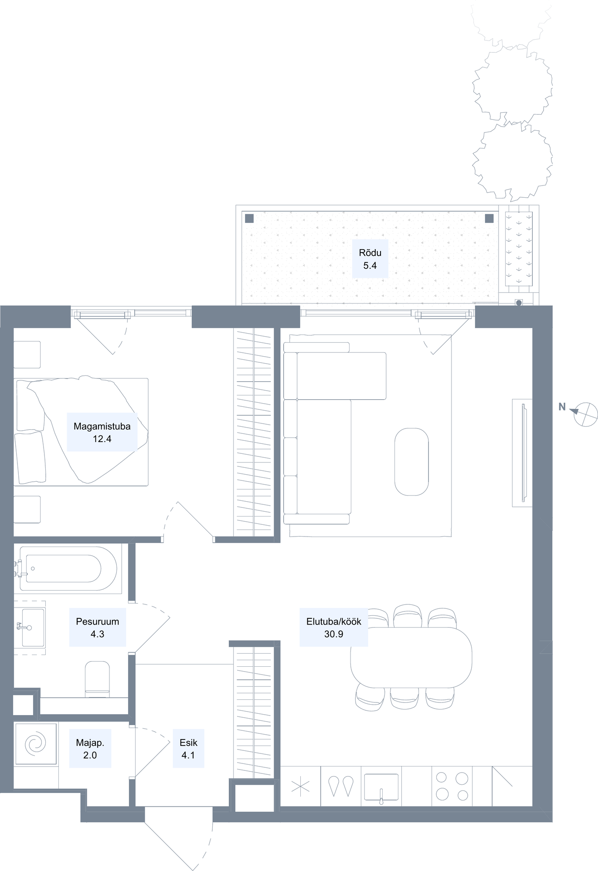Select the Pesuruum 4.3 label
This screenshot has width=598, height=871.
coord(98,628)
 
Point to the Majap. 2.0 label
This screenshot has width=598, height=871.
coord(90,749)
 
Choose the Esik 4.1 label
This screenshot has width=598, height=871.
coord(188,749)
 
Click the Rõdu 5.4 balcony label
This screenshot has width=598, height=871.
coord(370,259)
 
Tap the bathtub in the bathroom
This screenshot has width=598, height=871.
coord(68,568)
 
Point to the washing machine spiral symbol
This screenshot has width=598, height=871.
coord(35,744)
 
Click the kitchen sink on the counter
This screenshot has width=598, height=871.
coord(381,787)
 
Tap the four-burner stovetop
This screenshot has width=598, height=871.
coord(452,786)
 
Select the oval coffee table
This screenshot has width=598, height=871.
coord(411,462)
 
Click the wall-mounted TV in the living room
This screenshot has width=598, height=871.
coord(524,452)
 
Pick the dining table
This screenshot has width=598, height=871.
coord(411,658)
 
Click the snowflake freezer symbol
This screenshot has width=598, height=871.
coord(300,787)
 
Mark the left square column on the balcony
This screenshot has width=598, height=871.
coord(249,219)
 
